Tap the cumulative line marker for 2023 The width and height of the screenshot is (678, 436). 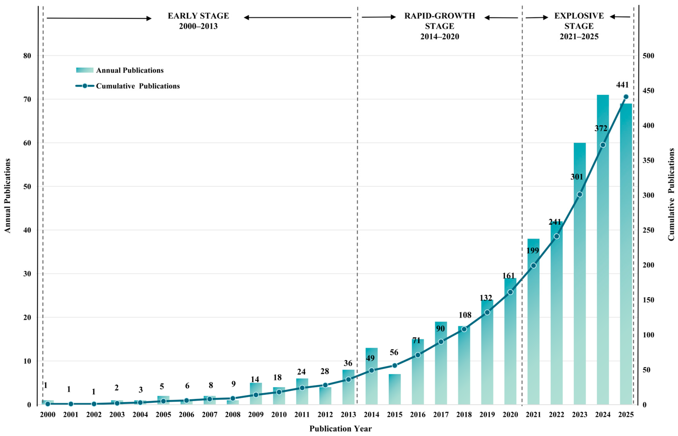580,194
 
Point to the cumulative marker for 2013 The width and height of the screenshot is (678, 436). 348,379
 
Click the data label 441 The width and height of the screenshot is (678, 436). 622,85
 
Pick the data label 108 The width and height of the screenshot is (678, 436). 465,315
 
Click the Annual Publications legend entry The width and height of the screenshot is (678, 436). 120,70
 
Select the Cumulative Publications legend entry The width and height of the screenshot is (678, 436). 128,86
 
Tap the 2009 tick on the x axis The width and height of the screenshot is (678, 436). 256,414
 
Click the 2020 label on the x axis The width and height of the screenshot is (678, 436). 510,414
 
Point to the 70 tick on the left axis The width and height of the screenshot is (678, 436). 27,99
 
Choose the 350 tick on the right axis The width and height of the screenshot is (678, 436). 649,161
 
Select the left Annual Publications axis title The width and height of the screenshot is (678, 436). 7,196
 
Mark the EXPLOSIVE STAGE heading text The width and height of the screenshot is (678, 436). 579,21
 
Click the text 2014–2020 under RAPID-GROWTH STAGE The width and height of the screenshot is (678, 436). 439,36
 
